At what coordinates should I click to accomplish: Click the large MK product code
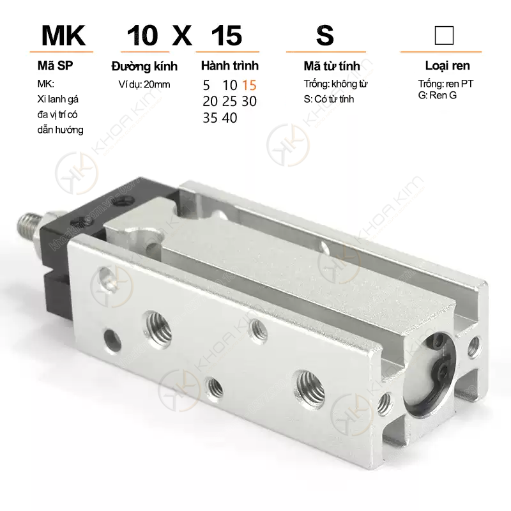click(63, 36)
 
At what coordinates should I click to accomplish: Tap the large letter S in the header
click(325, 36)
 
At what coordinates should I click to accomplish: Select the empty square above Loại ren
click(444, 36)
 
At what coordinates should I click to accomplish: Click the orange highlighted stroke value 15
click(249, 86)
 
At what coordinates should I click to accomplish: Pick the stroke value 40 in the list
click(229, 118)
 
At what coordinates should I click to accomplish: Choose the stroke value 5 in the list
click(206, 86)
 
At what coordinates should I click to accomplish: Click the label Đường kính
click(144, 66)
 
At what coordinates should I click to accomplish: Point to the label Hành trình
click(230, 66)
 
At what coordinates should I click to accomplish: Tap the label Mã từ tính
click(332, 66)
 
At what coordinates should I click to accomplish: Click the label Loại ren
click(448, 66)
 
